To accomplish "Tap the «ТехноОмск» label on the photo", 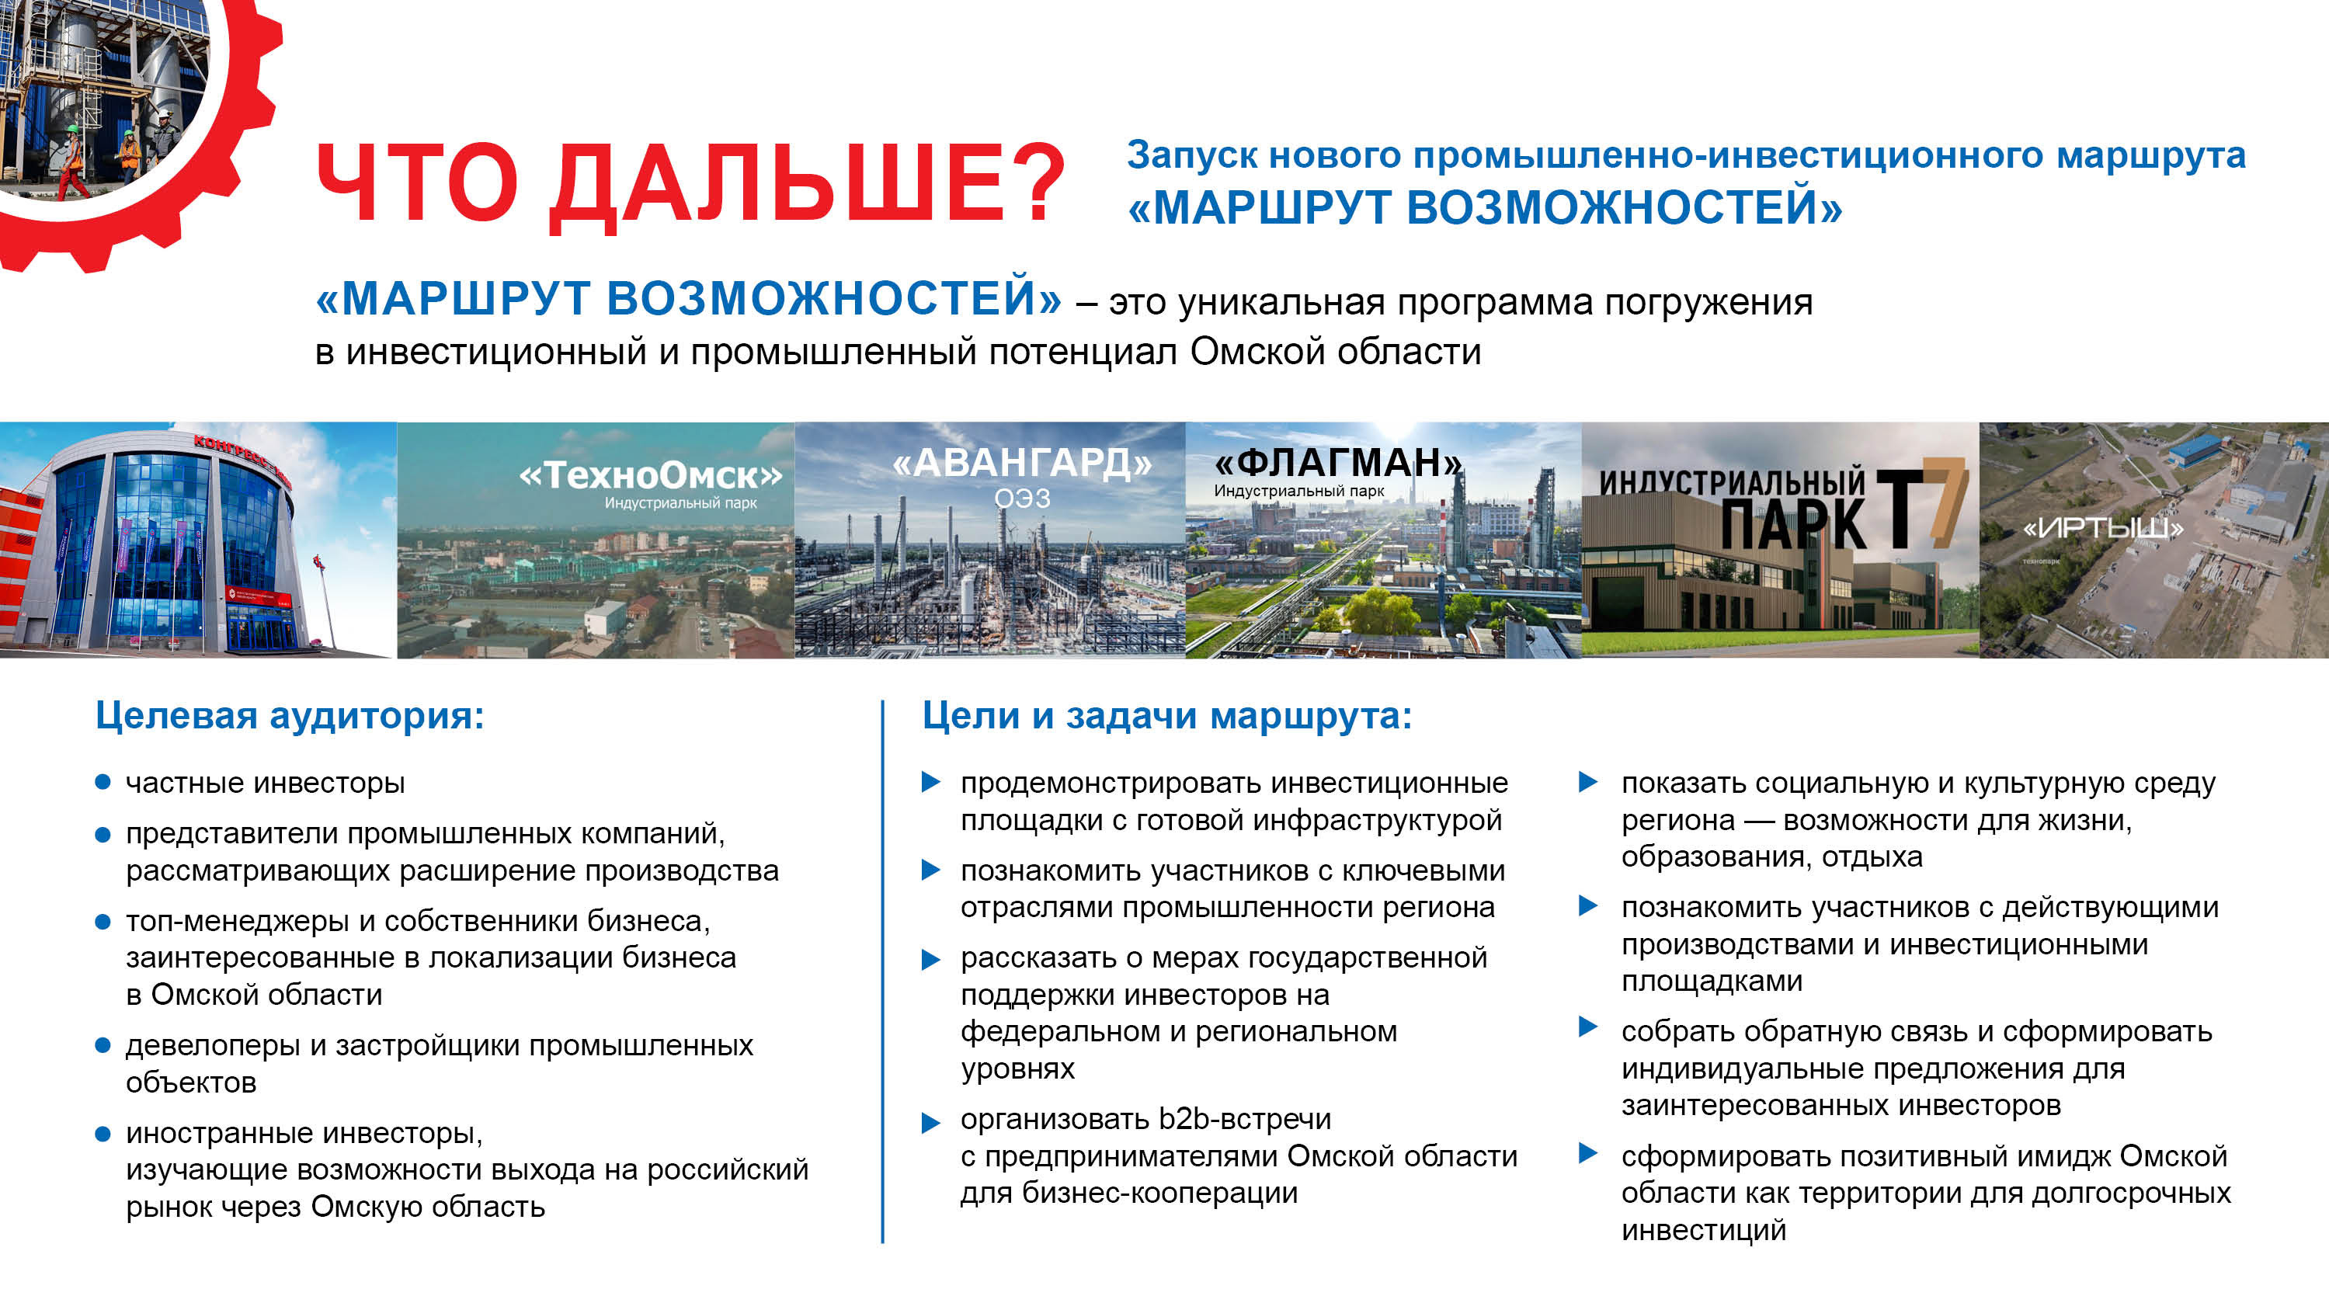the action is (651, 474).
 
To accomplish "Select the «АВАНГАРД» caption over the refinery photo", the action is (1023, 463).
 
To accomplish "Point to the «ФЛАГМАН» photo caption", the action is (1338, 463).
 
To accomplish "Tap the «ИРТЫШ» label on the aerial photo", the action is (2103, 528).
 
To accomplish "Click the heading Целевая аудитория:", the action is (290, 716).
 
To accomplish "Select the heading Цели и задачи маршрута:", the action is (1166, 716).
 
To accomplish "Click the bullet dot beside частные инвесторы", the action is (103, 782).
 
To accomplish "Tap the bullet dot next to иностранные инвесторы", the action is (103, 1133).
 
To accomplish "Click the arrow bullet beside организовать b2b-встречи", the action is (930, 1123).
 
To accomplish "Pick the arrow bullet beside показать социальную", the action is (1587, 782).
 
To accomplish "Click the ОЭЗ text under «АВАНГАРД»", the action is (1023, 499).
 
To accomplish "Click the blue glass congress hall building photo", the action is (197, 540).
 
